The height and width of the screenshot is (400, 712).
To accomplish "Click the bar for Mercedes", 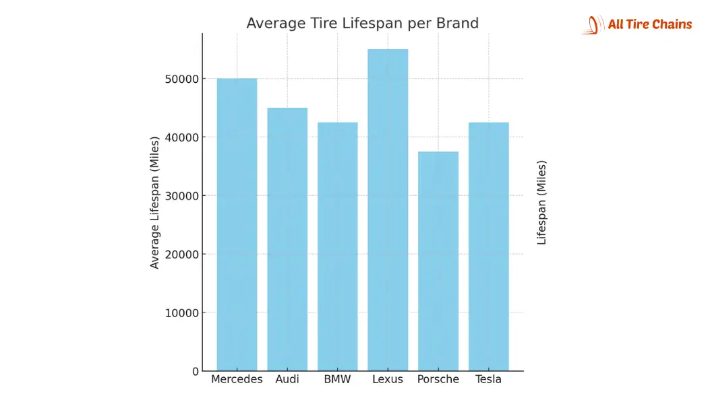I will pos(237,225).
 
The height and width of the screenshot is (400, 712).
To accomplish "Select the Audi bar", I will pos(287,240).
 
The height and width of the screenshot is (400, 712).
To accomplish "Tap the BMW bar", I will pos(337,246).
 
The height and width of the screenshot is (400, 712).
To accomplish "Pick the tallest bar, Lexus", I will pos(388,210).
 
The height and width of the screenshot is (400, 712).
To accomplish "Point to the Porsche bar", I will pos(438,261).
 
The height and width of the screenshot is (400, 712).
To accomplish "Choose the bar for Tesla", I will pos(488,246).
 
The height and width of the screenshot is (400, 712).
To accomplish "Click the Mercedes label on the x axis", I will pos(237,379).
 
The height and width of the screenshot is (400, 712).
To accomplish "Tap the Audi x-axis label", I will pos(287,379).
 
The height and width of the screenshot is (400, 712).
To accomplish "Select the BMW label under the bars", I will pos(337,379).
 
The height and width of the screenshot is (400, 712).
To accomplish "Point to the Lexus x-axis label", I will pos(388,379).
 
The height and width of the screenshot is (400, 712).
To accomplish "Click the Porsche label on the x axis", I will pos(438,379).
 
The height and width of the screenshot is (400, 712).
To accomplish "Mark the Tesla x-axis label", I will pos(488,379).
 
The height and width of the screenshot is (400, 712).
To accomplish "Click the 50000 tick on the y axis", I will pos(181,79).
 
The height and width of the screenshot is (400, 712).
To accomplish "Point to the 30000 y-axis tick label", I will pos(181,196).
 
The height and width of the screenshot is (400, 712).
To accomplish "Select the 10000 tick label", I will pos(181,313).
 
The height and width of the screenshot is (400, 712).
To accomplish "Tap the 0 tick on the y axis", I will pos(195,371).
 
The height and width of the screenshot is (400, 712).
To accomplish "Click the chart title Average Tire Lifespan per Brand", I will pos(362,24).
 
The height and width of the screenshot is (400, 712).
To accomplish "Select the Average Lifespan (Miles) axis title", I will pos(155,202).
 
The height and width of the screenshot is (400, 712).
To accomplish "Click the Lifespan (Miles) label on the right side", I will pos(541,202).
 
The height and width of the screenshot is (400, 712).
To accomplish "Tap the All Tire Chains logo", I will pos(637,25).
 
